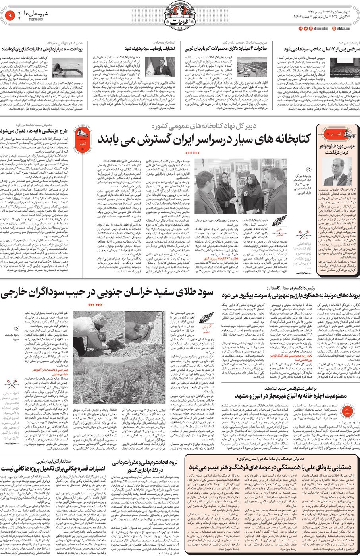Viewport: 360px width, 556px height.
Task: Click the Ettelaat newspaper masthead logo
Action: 180,16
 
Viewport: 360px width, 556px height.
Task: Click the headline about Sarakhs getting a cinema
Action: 321,49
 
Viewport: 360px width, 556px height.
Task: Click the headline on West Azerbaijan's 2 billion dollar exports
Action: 225,49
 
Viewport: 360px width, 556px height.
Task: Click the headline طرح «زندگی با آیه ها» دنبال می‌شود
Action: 36,130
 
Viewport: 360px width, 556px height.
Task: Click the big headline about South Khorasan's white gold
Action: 107,293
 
